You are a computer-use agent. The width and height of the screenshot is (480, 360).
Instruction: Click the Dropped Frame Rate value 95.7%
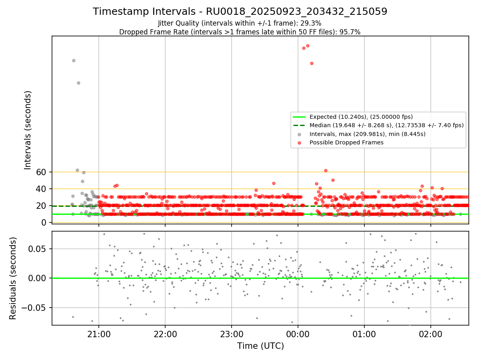(352, 32)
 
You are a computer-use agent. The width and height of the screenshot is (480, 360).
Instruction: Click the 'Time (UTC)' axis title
(260, 346)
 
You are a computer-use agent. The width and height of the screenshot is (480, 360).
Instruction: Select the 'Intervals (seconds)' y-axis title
(28, 130)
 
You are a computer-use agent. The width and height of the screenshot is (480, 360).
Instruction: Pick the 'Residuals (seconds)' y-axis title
(13, 278)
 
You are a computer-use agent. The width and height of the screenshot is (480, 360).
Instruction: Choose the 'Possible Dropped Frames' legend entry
(346, 142)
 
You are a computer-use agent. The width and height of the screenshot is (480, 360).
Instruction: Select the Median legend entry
(386, 125)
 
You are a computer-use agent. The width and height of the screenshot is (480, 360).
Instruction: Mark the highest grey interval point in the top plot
(74, 60)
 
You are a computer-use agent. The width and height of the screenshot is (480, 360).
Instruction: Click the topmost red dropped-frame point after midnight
(308, 46)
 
